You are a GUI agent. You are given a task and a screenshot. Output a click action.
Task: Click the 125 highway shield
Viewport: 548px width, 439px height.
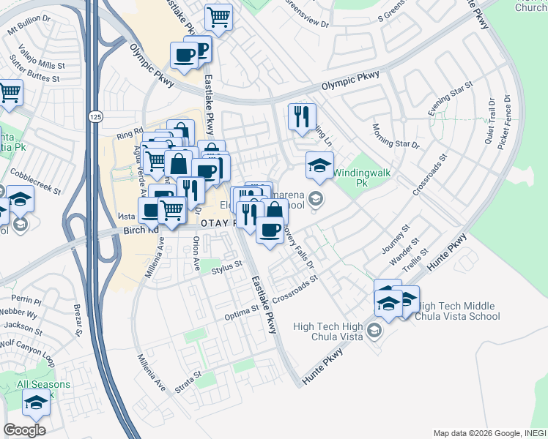(x=93, y=117)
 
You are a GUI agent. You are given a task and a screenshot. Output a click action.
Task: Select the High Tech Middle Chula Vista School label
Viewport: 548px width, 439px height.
(x=457, y=312)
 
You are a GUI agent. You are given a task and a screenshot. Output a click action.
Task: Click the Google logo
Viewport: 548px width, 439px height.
(x=24, y=430)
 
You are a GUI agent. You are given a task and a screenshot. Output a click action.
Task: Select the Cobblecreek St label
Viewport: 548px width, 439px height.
(x=35, y=180)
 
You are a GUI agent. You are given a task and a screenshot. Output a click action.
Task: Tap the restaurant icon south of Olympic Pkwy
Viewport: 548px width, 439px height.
(x=302, y=116)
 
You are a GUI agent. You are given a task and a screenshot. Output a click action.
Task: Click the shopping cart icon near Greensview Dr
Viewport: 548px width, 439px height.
(x=218, y=16)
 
